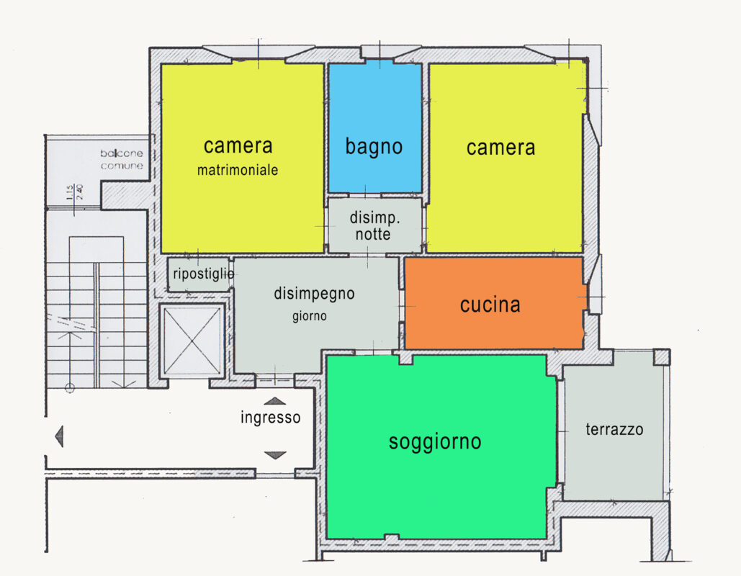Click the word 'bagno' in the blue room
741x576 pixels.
tap(374, 147)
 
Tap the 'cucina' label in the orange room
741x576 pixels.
tap(490, 305)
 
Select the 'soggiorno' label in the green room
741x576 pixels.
tap(435, 441)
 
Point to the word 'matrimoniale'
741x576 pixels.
tap(238, 171)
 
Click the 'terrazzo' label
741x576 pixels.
tap(614, 430)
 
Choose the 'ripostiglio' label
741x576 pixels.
tap(203, 274)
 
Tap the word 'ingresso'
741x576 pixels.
tap(270, 418)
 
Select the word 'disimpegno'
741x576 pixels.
tap(314, 294)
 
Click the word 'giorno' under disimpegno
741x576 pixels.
tap(309, 315)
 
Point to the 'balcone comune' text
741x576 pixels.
tap(122, 159)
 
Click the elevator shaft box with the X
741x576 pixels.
tap(192, 341)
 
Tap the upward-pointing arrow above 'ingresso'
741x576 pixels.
tap(275, 402)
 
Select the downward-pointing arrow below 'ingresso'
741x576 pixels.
tap(275, 455)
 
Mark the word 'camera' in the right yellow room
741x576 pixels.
tap(500, 148)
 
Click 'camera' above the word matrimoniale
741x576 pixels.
tap(238, 145)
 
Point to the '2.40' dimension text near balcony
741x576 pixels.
tap(80, 192)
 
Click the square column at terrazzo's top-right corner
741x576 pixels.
tap(661, 357)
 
